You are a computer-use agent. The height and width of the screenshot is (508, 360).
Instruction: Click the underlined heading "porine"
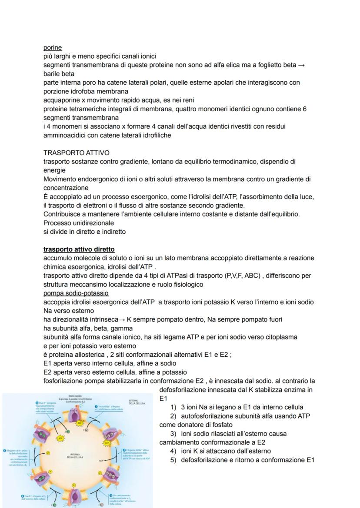(53, 47)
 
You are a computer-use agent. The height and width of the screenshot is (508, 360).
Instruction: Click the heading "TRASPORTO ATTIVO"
(76, 153)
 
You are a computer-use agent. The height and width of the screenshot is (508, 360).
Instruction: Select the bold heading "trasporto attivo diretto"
(79, 249)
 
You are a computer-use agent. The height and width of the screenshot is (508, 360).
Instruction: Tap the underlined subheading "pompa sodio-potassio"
(76, 293)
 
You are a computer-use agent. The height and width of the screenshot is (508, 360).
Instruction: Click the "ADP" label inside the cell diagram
(101, 460)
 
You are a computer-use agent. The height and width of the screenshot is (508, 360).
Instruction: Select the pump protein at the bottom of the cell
(77, 495)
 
